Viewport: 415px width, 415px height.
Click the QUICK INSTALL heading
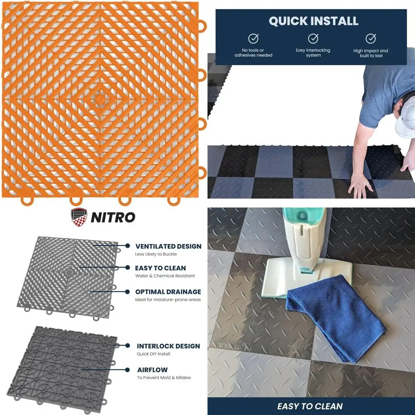[313, 21]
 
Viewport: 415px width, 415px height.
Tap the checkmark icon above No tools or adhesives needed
[253, 39]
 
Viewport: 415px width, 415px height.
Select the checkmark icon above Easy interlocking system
[313, 39]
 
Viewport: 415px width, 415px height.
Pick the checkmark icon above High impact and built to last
[371, 39]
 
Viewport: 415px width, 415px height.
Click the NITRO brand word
[113, 217]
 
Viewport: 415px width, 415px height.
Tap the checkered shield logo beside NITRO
[80, 217]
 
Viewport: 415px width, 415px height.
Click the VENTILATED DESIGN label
[168, 247]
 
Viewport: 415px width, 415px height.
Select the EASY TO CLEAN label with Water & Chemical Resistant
[160, 268]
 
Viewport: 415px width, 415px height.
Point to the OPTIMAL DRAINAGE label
[168, 292]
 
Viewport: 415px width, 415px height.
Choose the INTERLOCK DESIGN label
[168, 346]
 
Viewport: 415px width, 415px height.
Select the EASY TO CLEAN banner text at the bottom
[311, 406]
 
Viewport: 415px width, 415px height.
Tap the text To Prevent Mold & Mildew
[164, 378]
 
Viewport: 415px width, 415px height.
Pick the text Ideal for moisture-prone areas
[168, 300]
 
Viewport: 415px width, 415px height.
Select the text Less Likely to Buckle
[156, 254]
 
